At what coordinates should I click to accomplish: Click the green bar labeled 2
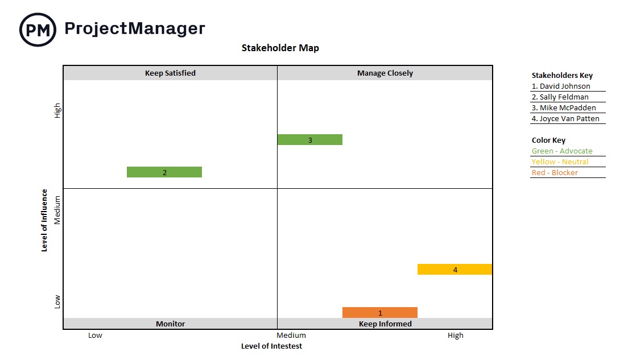[164, 172]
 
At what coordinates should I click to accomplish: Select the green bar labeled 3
[309, 140]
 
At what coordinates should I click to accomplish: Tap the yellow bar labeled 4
[455, 270]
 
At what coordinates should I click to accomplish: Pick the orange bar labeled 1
[380, 313]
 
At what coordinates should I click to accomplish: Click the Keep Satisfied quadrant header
[170, 73]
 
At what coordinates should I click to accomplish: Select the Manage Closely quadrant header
[385, 73]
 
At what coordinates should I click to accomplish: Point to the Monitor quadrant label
[170, 324]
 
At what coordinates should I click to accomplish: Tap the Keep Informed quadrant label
[385, 324]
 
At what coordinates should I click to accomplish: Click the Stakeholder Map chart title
[280, 48]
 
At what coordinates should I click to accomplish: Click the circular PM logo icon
[38, 29]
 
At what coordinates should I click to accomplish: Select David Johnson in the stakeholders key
[561, 86]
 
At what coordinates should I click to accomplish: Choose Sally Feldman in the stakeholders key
[560, 97]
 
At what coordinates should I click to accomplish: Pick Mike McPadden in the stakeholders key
[564, 108]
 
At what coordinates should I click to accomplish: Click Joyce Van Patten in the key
[566, 119]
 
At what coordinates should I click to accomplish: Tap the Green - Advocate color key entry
[562, 151]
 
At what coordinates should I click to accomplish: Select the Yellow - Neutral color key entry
[560, 162]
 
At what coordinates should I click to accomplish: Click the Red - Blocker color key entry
[555, 173]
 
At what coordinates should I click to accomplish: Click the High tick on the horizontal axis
[455, 336]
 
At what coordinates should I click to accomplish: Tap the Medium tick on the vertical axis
[57, 211]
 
